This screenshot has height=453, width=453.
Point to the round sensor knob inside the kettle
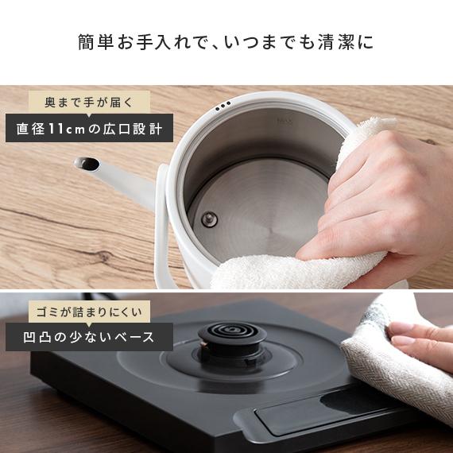click(x=208, y=220)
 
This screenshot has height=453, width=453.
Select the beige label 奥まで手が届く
click(x=88, y=103)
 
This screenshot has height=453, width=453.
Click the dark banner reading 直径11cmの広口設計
click(x=89, y=128)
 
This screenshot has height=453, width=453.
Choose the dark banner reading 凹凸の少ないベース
click(x=89, y=336)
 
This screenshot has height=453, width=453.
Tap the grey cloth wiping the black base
click(x=381, y=350)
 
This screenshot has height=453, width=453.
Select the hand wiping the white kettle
click(x=374, y=199)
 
